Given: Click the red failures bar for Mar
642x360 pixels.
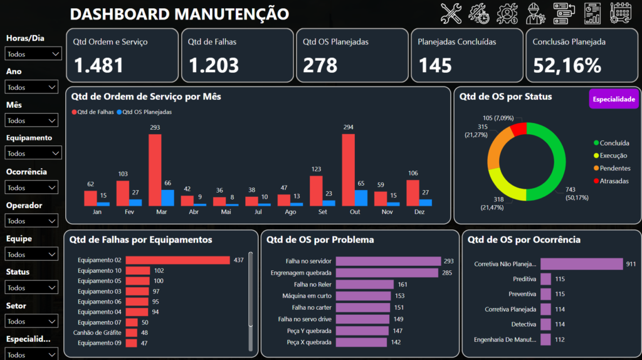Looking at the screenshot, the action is (155, 170).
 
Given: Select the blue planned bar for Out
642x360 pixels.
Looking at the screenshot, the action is (360, 198).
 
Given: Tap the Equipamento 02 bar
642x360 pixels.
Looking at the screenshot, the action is (177, 260).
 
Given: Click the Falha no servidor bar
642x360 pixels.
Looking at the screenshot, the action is (388, 262).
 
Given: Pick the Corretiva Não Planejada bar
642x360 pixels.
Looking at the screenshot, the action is (581, 264).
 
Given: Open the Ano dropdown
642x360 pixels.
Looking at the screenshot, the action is (31, 87).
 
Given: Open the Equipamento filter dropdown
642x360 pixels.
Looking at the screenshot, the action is (33, 153).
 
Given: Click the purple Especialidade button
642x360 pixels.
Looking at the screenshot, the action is (614, 99).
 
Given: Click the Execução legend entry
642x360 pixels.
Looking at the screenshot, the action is (610, 156).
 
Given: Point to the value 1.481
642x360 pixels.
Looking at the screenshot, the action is (98, 65).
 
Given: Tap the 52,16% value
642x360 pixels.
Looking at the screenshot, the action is (567, 65).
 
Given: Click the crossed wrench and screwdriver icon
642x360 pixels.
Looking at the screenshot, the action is (451, 14).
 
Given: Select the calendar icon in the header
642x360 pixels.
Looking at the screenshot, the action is (621, 13).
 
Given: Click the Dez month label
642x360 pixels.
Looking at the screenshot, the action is (419, 212).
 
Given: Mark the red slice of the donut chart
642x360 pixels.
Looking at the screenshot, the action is (518, 129).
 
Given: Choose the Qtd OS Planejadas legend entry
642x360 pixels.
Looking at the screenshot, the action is (144, 112).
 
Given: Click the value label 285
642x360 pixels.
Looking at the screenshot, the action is (446, 273).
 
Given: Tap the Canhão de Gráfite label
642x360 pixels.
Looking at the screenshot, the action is (97, 332).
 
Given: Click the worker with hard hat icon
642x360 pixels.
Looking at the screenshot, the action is (535, 14).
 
